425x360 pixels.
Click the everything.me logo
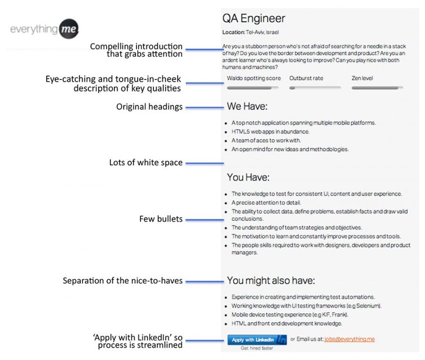44,29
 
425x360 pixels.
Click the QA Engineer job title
254,18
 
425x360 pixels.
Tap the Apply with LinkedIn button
257,340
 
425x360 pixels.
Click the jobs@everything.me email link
349,339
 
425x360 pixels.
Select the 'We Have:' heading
247,107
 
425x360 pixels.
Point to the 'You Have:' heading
248,178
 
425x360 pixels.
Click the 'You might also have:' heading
271,281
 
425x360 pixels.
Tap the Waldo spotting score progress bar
254,87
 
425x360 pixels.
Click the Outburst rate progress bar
315,87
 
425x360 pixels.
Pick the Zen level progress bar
377,87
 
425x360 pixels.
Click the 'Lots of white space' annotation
146,163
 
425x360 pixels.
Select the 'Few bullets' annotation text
161,219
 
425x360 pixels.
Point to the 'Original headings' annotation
149,107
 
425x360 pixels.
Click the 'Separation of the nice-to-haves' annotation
123,281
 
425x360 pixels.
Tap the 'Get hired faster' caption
257,348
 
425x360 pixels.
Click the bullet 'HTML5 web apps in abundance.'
270,132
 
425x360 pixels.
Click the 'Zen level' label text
362,78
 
